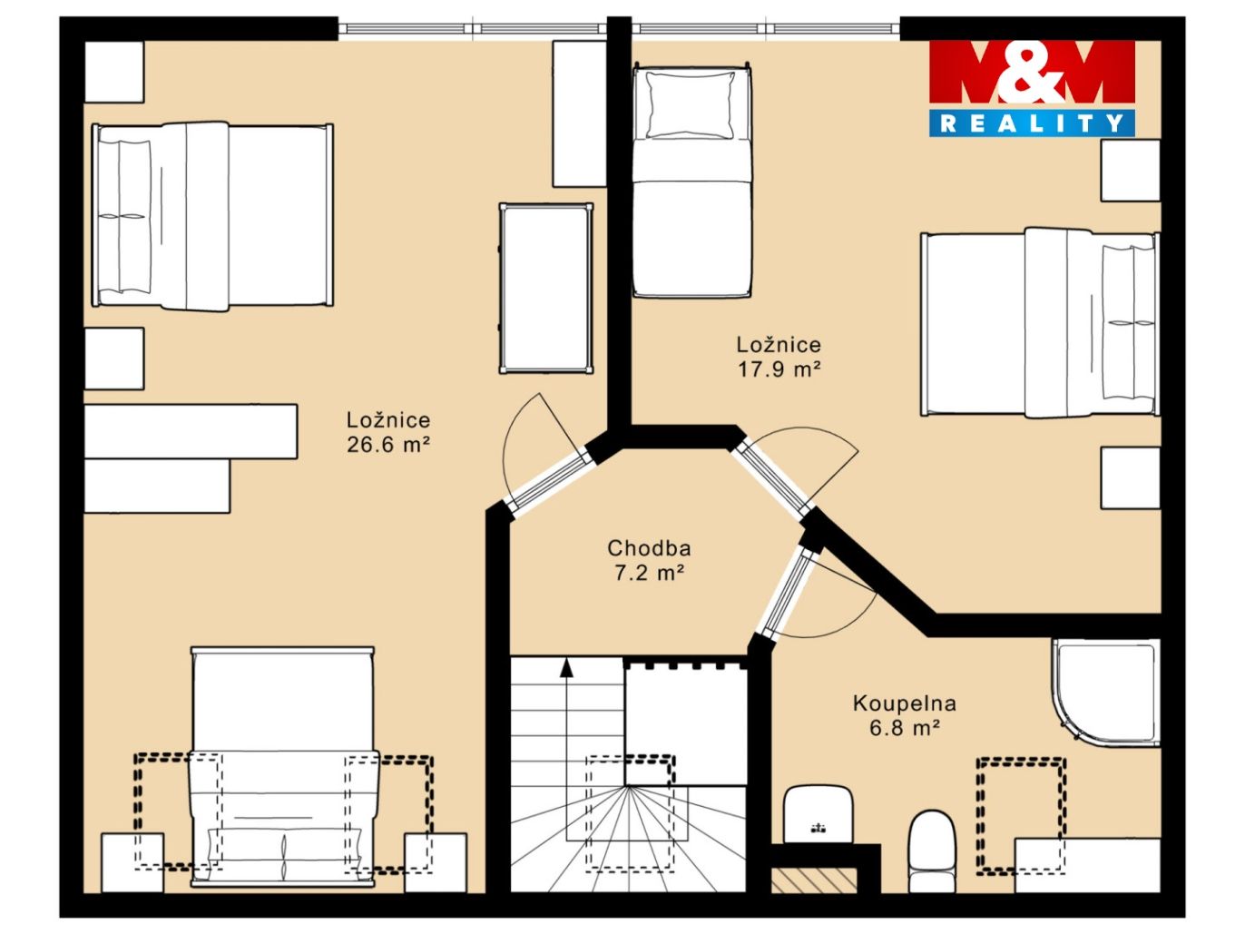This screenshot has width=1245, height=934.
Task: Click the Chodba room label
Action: click(x=649, y=548)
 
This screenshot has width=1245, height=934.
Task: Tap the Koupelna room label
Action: click(x=904, y=703)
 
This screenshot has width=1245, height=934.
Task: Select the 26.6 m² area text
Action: click(x=388, y=445)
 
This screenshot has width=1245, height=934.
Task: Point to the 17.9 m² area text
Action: click(x=779, y=369)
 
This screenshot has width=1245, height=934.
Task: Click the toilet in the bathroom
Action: click(x=932, y=851)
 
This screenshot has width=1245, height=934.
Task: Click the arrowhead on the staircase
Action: click(x=565, y=668)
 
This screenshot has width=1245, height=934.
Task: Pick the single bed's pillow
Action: click(x=691, y=105)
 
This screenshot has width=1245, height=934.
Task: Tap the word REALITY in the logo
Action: click(x=1031, y=123)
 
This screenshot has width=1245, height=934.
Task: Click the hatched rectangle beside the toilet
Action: click(x=813, y=880)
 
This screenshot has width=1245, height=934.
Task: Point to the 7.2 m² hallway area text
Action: click(x=649, y=573)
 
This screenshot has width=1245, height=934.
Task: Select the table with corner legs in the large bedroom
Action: click(x=546, y=289)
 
